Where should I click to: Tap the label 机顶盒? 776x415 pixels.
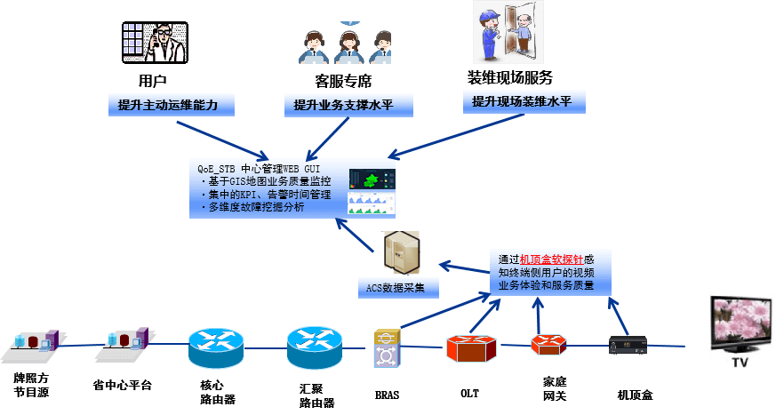click(635, 394)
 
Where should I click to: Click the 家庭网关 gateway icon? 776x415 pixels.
click(548, 345)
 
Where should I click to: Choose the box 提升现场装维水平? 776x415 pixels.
click(524, 102)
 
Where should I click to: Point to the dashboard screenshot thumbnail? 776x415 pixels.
click(372, 192)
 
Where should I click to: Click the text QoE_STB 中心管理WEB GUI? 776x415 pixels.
click(259, 168)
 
